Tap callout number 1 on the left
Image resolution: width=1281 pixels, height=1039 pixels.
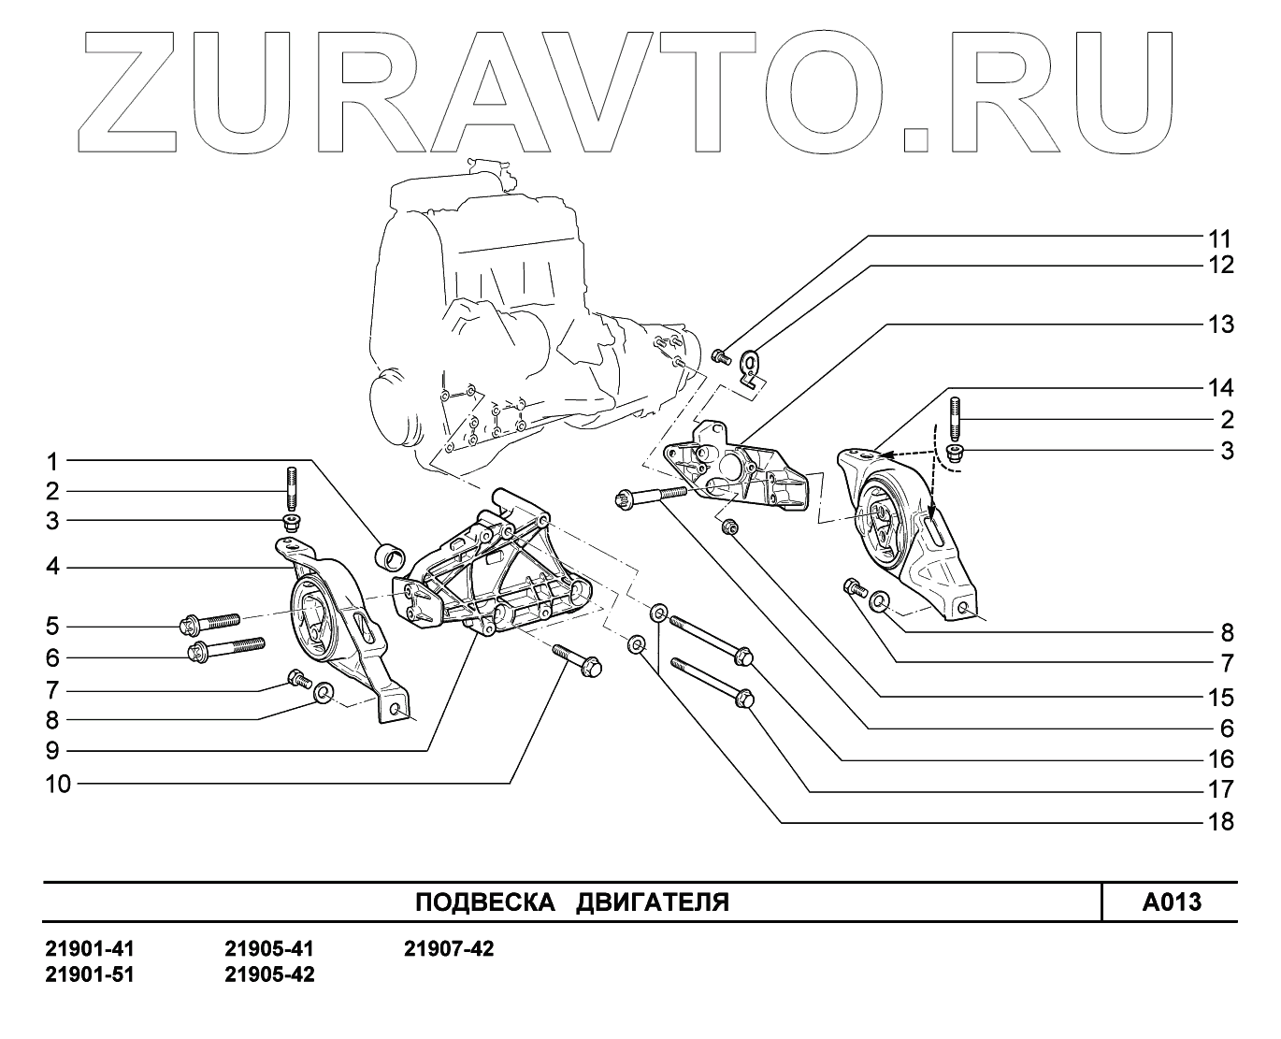pos(53,461)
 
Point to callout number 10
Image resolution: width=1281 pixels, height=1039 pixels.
pos(58,784)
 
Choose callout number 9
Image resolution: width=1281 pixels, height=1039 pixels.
pos(53,750)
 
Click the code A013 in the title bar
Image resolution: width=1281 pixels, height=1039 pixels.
pos(1171,902)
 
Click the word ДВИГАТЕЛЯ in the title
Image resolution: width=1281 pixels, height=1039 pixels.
pos(652,902)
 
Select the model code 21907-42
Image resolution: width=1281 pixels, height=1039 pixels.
pos(449,949)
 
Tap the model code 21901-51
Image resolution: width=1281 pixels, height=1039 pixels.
pos(90,974)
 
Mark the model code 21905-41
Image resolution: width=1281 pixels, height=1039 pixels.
pos(269,949)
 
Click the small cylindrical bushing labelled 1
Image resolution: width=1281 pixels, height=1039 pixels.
pos(389,556)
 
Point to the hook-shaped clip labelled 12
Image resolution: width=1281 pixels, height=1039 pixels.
pos(751,367)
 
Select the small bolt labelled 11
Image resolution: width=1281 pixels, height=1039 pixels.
pos(720,355)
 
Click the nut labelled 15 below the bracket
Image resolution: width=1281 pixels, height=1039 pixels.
pos(731,529)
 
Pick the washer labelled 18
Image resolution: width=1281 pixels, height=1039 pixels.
pos(637,644)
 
